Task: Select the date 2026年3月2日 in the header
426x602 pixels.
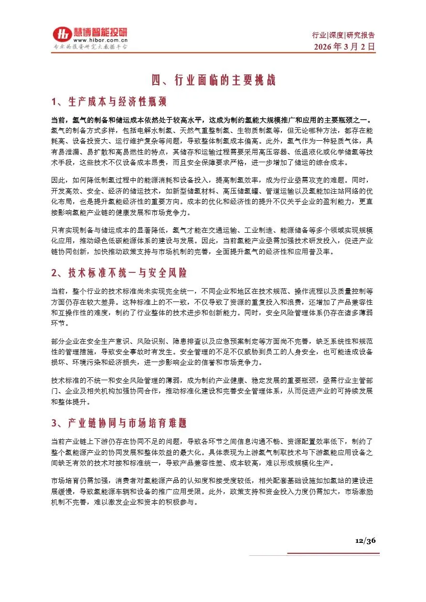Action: [344, 47]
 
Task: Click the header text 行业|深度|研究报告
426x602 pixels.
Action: [343, 35]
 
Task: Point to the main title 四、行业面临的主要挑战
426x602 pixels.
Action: [213, 80]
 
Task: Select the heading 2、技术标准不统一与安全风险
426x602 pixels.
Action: [119, 273]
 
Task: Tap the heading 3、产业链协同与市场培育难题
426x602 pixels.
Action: [119, 423]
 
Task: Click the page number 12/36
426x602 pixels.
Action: [365, 540]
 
